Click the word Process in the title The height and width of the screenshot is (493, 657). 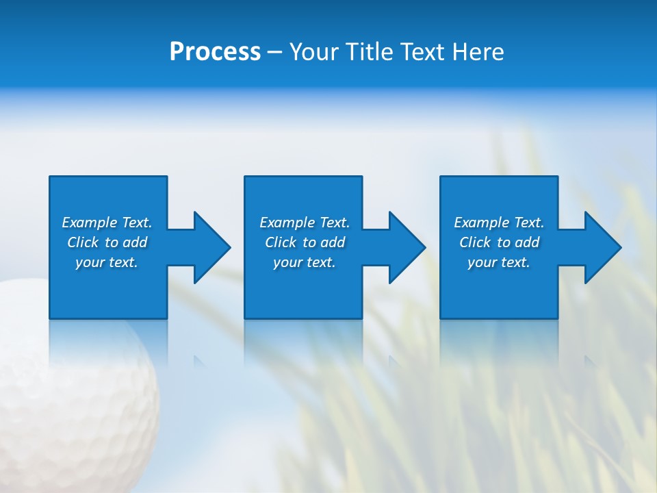(215, 52)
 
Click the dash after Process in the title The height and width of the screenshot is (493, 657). (274, 53)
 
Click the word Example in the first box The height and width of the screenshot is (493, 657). (89, 223)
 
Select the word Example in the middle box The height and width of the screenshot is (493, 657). (287, 223)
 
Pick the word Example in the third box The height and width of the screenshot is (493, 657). (481, 223)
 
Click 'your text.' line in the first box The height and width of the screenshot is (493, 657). (107, 262)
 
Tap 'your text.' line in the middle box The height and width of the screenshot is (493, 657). (305, 262)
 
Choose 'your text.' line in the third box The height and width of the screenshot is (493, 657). (499, 262)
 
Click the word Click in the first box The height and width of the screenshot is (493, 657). (83, 242)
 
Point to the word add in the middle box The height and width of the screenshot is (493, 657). (333, 242)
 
